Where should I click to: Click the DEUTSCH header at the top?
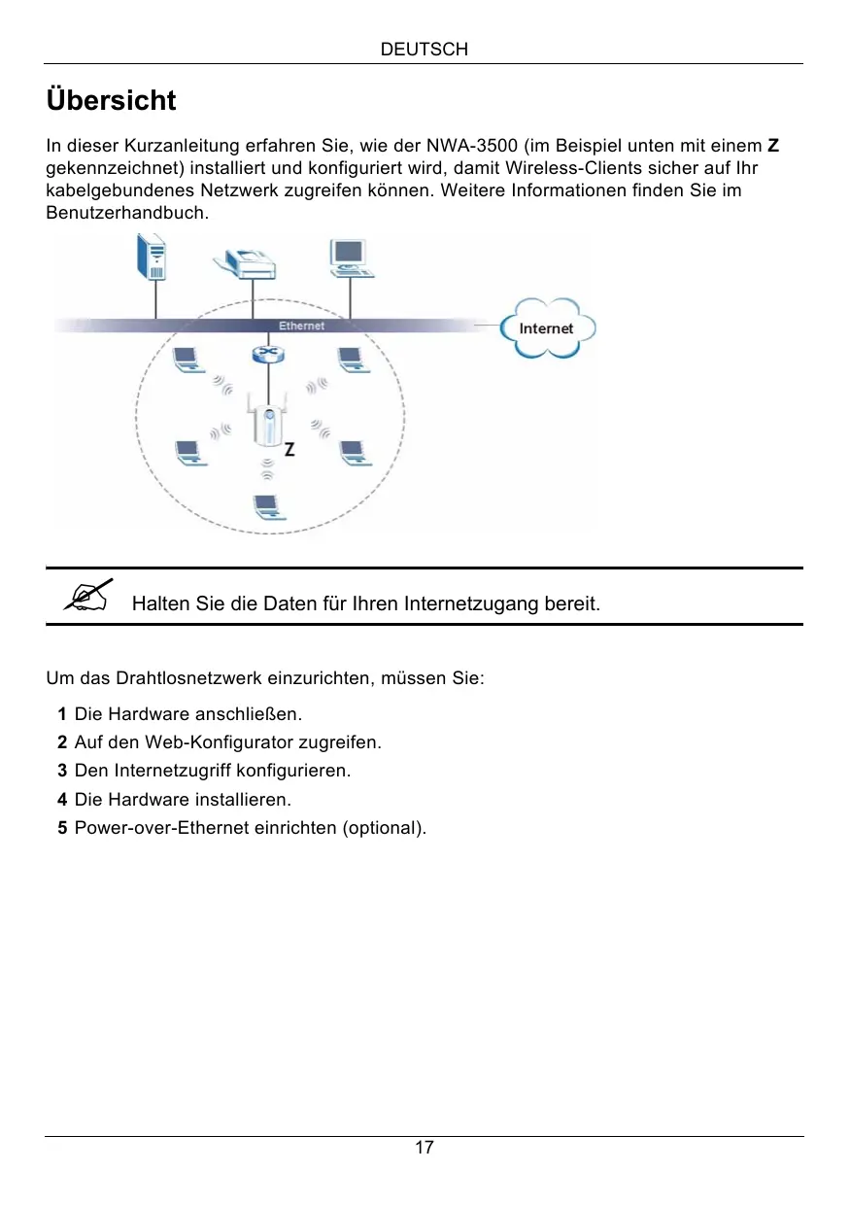coord(425,49)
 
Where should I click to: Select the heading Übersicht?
coord(111,100)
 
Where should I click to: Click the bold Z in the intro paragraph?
coord(772,147)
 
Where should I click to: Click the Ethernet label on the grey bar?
coord(301,326)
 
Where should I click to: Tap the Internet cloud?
coord(546,328)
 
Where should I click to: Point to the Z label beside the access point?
coord(289,450)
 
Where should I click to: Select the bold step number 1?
coord(62,714)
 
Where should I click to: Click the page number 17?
coord(425,1148)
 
